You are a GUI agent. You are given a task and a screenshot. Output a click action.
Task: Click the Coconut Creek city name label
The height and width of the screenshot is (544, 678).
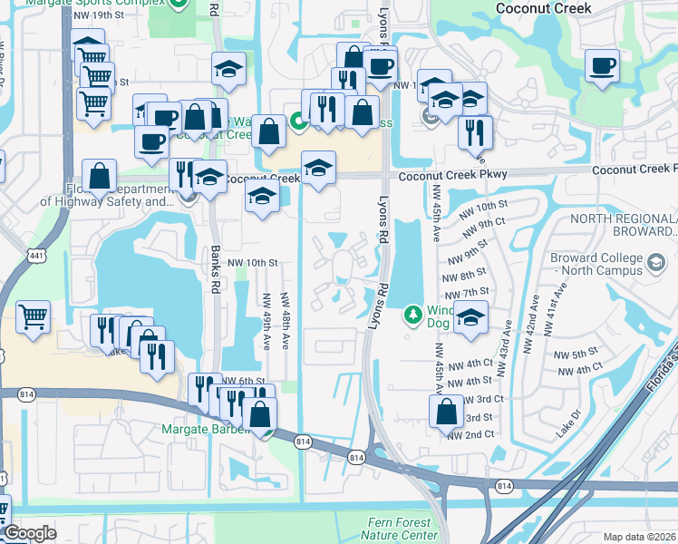(544, 8)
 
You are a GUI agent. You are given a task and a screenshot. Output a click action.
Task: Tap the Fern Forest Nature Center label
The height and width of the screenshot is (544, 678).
(403, 529)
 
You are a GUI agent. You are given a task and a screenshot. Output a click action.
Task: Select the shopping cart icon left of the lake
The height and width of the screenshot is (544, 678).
(33, 316)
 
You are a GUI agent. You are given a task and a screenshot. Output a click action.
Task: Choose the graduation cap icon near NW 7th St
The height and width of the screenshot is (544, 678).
(470, 318)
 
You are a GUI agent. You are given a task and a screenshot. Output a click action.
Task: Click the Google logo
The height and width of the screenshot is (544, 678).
(30, 533)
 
